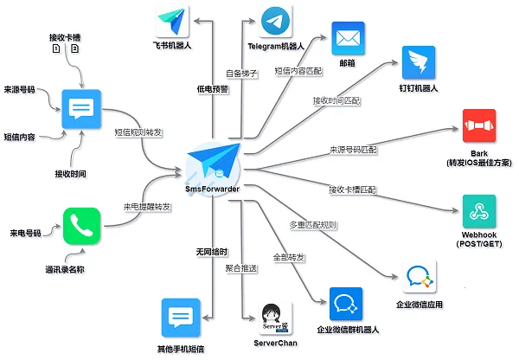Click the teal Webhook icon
[x=479, y=209]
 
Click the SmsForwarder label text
[x=212, y=189]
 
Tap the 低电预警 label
[x=214, y=89]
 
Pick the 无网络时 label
[x=212, y=252]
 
